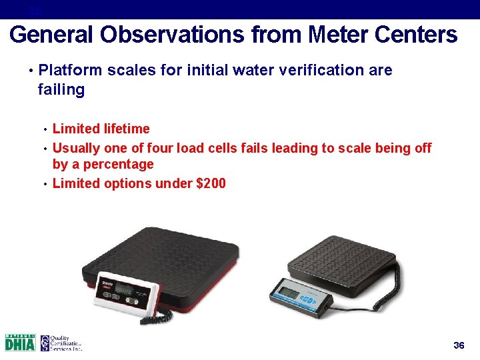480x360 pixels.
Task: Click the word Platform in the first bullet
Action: click(68, 70)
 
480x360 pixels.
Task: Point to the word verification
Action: click(300, 70)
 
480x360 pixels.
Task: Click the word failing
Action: click(61, 89)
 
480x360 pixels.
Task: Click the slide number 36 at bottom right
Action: click(458, 345)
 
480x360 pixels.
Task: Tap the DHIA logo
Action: click(20, 343)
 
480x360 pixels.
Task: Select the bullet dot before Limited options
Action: click(44, 183)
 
